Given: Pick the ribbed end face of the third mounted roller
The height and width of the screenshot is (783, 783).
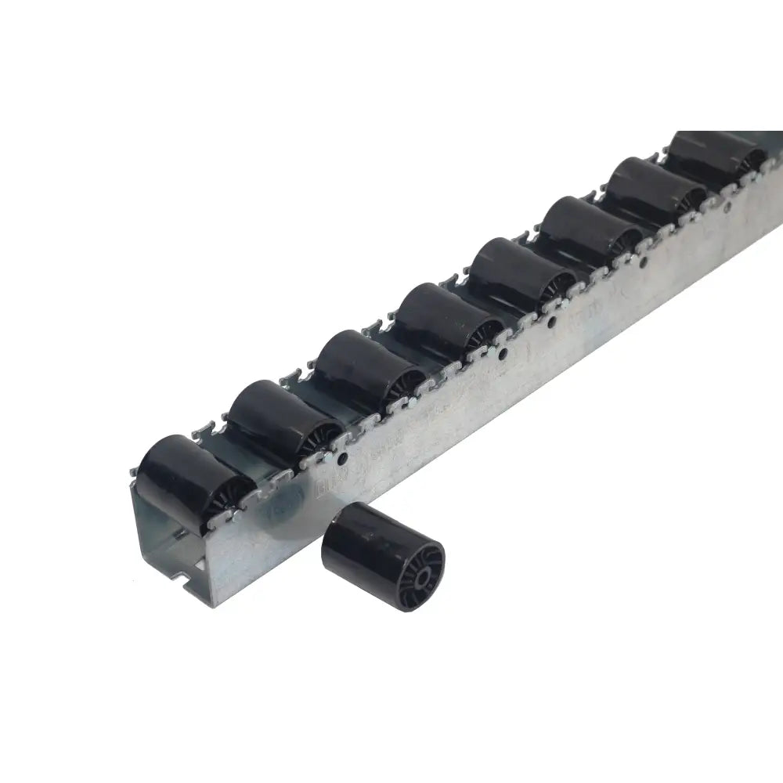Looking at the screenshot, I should pos(403,381).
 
